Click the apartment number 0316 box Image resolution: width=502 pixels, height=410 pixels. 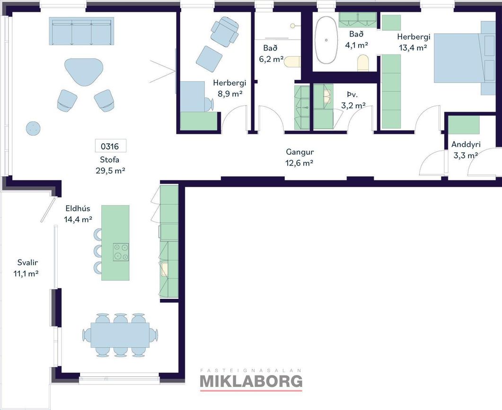click(x=110, y=146)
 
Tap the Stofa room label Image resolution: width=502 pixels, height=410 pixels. click(x=109, y=160)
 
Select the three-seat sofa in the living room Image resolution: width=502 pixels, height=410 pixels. click(x=81, y=31)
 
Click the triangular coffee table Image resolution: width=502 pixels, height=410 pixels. click(x=84, y=71)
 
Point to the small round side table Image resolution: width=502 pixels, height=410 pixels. click(x=33, y=129)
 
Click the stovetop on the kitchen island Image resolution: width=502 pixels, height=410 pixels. click(x=121, y=252)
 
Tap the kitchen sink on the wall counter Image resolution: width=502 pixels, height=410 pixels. click(x=165, y=269)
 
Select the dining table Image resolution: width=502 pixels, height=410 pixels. click(x=120, y=335)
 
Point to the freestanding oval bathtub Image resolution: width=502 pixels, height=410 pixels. click(x=326, y=40)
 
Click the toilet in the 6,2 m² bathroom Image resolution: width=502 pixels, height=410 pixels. click(x=292, y=61)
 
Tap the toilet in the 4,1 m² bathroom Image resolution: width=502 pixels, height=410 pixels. click(x=363, y=63)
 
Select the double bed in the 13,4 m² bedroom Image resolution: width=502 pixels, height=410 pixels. click(x=464, y=58)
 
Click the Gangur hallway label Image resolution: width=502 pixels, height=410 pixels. click(x=299, y=152)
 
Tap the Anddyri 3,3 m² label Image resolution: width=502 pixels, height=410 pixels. click(x=466, y=150)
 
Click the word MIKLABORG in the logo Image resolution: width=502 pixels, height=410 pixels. click(x=251, y=381)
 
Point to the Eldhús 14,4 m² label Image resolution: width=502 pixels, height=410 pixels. click(x=78, y=214)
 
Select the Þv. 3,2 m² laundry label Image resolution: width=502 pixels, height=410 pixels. click(x=353, y=100)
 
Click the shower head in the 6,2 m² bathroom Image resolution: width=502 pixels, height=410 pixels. click(x=292, y=26)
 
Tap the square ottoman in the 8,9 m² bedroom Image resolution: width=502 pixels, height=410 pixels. click(x=209, y=59)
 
